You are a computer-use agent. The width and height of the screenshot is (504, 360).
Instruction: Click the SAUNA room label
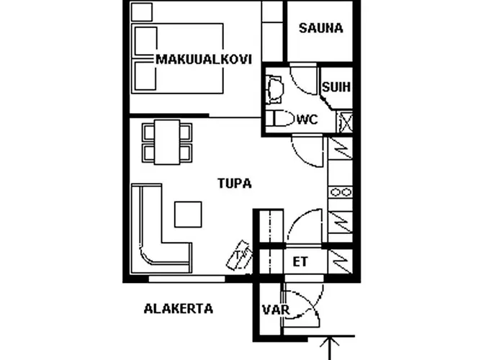click(320, 29)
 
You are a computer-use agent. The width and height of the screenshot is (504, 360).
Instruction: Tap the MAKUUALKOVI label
click(204, 60)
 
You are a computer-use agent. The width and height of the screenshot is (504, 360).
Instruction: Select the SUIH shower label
click(336, 87)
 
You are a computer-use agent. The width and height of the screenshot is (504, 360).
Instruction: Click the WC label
click(307, 119)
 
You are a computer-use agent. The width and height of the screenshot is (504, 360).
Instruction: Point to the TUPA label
click(235, 184)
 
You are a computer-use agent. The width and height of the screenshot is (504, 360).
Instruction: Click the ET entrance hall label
click(300, 261)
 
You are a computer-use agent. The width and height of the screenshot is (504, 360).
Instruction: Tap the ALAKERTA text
click(179, 309)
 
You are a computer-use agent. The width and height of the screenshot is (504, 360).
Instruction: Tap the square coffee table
click(189, 215)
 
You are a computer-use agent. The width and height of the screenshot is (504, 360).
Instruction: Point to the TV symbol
click(240, 253)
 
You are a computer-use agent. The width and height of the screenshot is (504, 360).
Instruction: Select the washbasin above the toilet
click(274, 88)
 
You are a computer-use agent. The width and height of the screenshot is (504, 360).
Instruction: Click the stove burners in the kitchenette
click(341, 192)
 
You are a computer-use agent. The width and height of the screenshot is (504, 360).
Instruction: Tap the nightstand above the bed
click(142, 11)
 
